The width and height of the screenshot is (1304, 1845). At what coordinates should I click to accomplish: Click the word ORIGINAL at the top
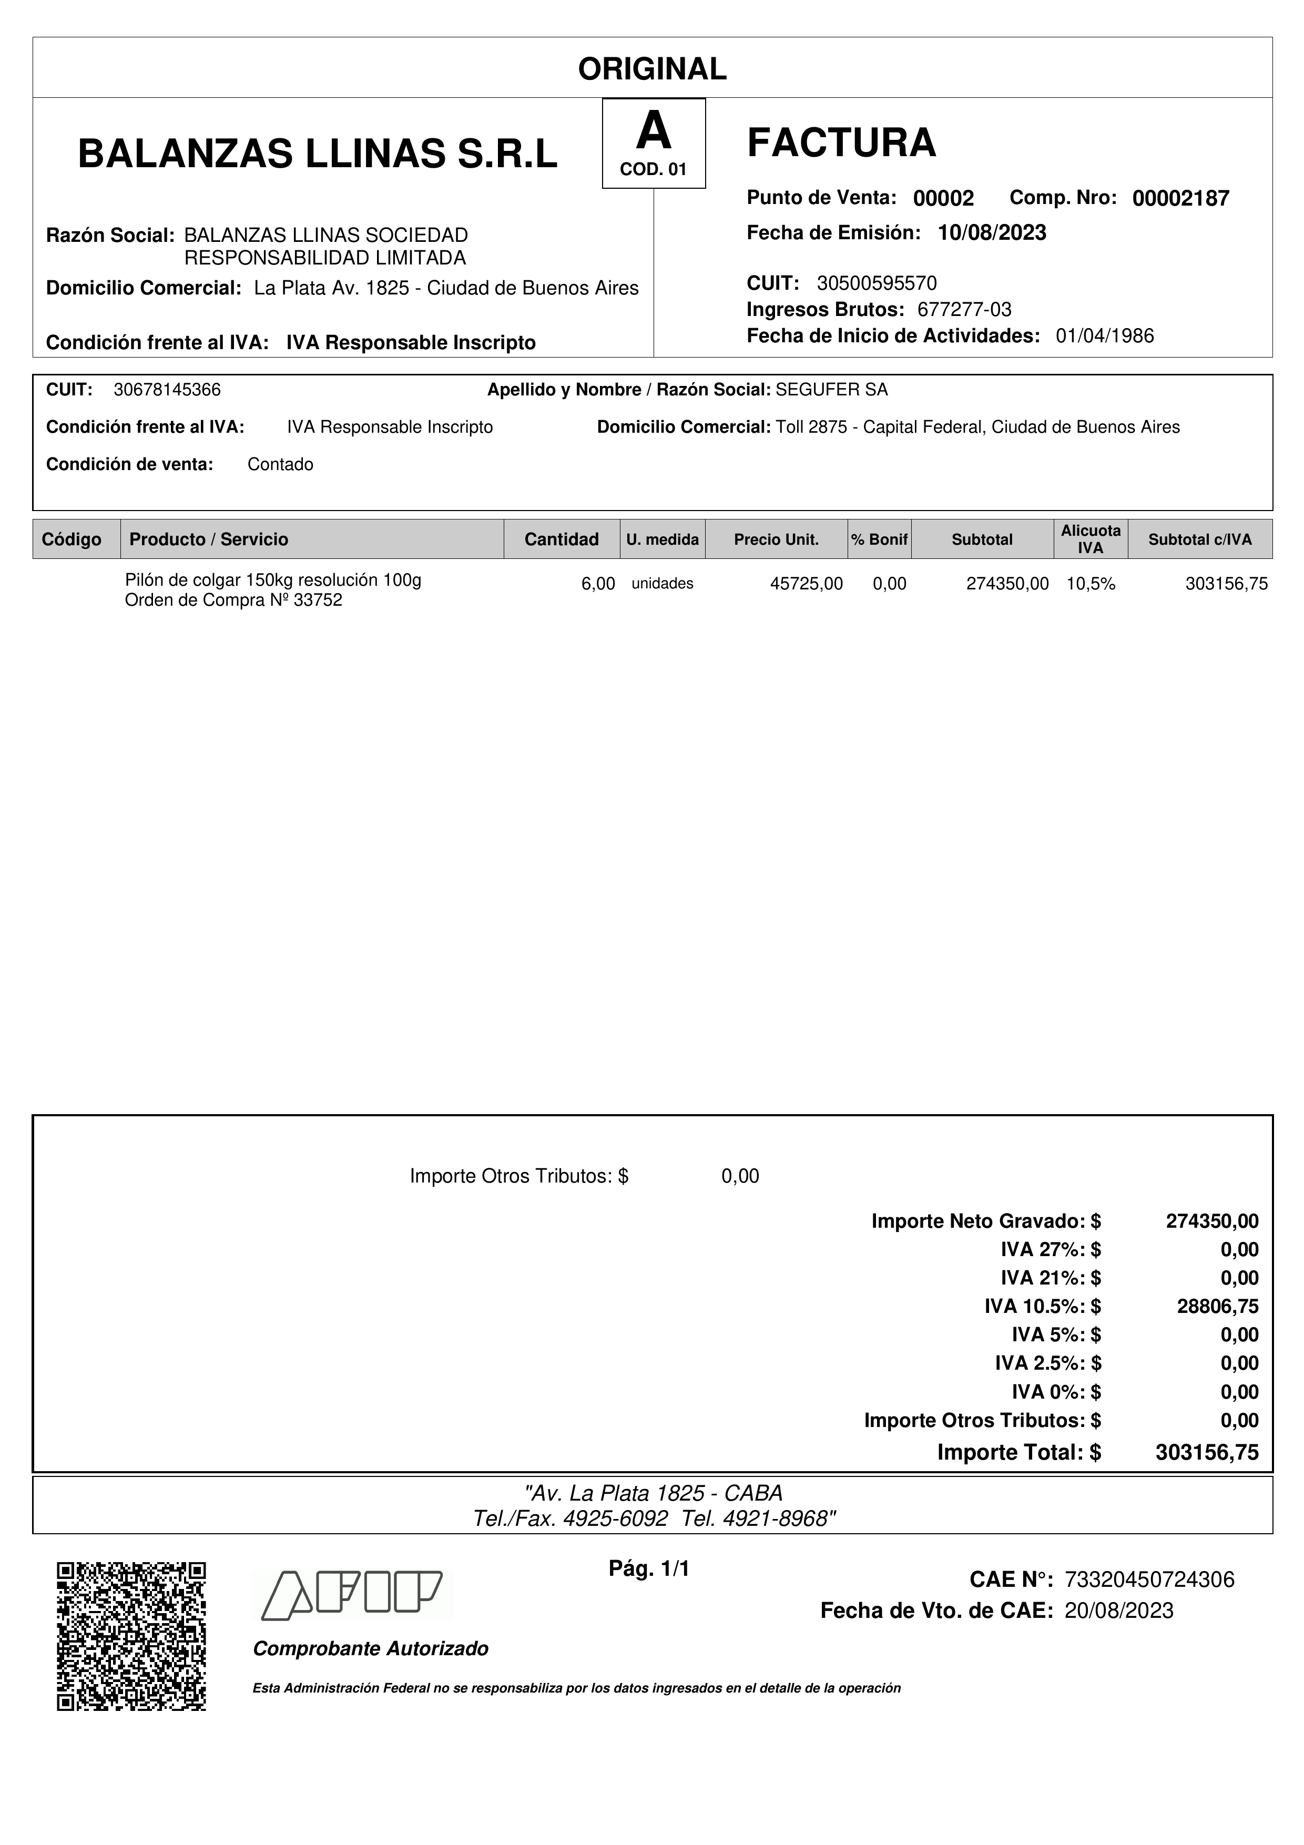pos(651,69)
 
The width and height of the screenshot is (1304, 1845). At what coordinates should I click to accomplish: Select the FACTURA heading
pos(841,142)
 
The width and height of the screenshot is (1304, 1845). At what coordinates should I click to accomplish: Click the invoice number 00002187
pos(1180,198)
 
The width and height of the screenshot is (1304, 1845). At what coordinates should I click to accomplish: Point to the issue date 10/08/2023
pos(992,233)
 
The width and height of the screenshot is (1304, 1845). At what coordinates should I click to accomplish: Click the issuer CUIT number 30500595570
pos(877,283)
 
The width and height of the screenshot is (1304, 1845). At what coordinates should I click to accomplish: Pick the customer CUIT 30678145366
pos(167,390)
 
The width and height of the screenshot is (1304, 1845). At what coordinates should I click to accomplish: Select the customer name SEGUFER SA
pos(832,390)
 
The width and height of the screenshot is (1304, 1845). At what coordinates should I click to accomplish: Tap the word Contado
pos(280,464)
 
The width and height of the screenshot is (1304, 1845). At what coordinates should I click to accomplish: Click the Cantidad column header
pos(561,539)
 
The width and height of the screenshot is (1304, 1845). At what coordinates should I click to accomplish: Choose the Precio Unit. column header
pos(776,539)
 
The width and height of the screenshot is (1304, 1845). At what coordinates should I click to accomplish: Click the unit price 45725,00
pos(806,584)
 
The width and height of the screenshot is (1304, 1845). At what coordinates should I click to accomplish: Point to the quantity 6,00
pos(598,584)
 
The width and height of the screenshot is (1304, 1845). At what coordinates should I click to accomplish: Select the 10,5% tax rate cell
pos(1091,584)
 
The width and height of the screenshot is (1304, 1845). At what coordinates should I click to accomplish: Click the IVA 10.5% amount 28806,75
pos(1217,1307)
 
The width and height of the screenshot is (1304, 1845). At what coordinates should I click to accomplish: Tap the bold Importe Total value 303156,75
pos(1207,1452)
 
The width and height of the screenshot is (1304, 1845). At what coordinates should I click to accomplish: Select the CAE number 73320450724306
pos(1149,1580)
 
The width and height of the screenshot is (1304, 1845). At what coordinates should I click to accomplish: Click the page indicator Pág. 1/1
pos(649,1568)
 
